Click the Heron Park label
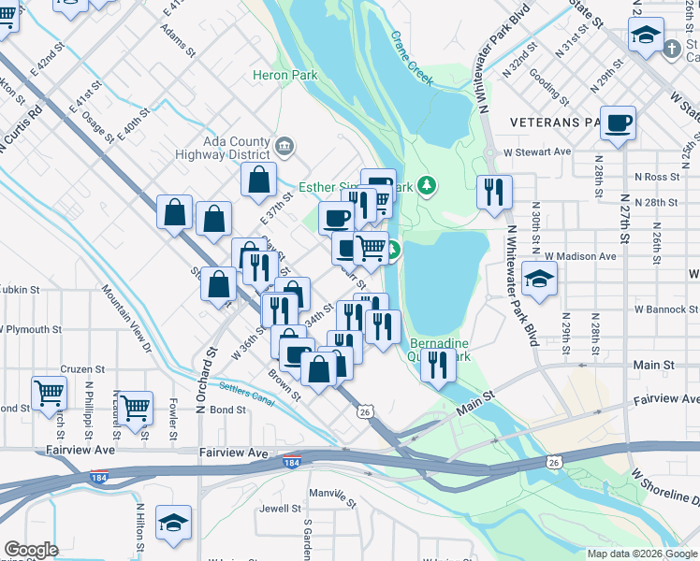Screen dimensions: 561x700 [285, 76]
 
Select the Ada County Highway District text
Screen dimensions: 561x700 [226, 148]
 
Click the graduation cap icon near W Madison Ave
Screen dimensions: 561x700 [539, 279]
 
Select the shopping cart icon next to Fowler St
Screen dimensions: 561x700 [136, 407]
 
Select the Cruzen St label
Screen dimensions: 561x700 [76, 369]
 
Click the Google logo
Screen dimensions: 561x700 [32, 550]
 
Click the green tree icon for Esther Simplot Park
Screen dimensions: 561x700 [428, 185]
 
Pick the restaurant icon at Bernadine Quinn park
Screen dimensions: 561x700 [437, 365]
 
